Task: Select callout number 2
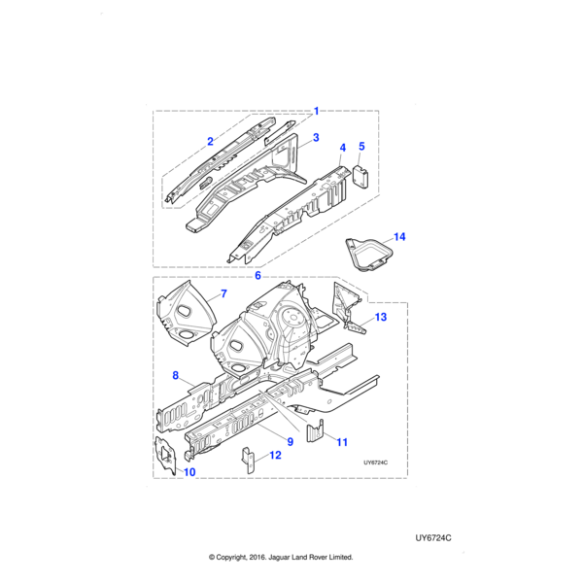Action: point(210,142)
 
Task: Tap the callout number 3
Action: point(315,139)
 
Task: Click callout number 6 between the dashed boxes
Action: point(257,275)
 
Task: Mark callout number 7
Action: point(223,292)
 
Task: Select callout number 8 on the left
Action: point(175,375)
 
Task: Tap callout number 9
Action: point(291,442)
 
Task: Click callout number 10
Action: point(189,472)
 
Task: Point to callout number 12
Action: point(275,455)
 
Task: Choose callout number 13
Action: point(380,317)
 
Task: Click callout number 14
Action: point(398,236)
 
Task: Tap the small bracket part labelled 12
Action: point(249,459)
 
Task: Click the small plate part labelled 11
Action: point(314,431)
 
